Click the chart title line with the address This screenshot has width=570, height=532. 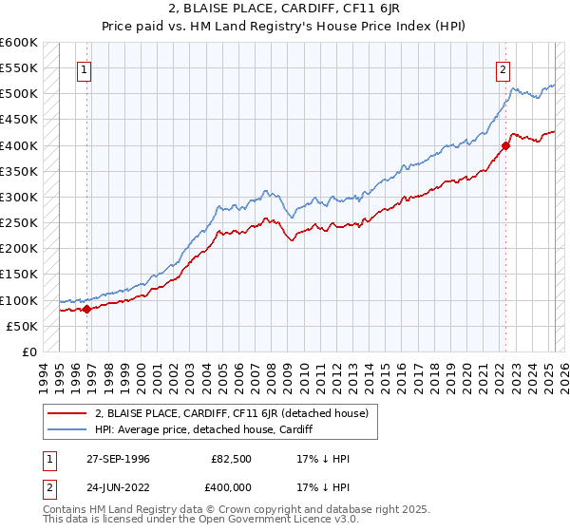point(284,9)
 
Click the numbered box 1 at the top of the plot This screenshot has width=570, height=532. point(85,68)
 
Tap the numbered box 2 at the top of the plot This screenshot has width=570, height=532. point(502,68)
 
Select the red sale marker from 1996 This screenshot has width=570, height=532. point(86,308)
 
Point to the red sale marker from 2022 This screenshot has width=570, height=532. point(505,145)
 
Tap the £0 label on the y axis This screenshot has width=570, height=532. point(29,352)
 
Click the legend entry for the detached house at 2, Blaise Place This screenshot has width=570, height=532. point(237,413)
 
